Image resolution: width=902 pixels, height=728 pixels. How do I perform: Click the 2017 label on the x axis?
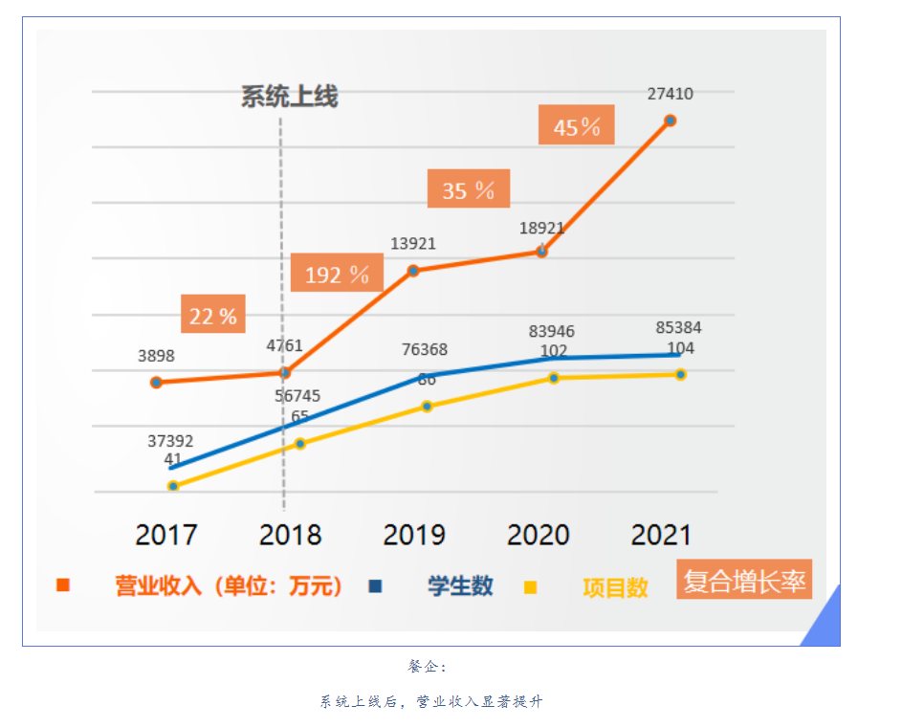[166, 534]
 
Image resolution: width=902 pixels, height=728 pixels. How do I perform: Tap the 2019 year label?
[414, 534]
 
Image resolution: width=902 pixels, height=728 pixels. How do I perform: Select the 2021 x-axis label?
[661, 534]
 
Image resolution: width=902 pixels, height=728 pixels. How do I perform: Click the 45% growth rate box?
[576, 126]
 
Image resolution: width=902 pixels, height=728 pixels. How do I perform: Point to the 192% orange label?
[337, 275]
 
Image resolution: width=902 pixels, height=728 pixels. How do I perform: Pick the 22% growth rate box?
[212, 316]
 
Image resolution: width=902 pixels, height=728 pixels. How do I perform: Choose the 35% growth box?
[468, 190]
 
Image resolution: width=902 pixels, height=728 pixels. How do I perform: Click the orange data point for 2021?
[670, 121]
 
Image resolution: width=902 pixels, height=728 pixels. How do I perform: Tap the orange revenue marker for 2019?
[414, 271]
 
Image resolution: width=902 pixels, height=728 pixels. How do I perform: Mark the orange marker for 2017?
[156, 383]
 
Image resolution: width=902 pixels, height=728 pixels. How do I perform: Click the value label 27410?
[670, 94]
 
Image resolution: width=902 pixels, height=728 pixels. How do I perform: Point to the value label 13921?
[413, 244]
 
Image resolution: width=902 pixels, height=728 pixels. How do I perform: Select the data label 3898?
[156, 356]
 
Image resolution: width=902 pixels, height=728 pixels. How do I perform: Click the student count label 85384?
[678, 328]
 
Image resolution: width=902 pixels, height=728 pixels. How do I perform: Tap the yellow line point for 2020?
[554, 378]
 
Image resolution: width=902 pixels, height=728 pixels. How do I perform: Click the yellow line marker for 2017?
[173, 486]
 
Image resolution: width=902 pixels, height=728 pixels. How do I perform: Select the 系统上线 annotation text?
[289, 97]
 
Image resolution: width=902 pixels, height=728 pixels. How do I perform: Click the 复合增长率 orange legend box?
[743, 580]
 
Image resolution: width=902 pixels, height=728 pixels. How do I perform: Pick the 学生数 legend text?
[460, 585]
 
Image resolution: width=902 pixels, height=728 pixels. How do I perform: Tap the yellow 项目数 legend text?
[615, 587]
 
